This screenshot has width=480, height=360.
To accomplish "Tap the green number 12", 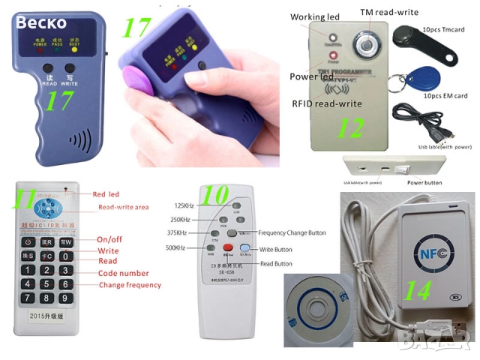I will pos(349,128).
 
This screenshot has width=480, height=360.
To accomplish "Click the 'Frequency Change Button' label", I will pos(292,233).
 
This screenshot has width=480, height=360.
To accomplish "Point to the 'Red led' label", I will pos(106,194).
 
